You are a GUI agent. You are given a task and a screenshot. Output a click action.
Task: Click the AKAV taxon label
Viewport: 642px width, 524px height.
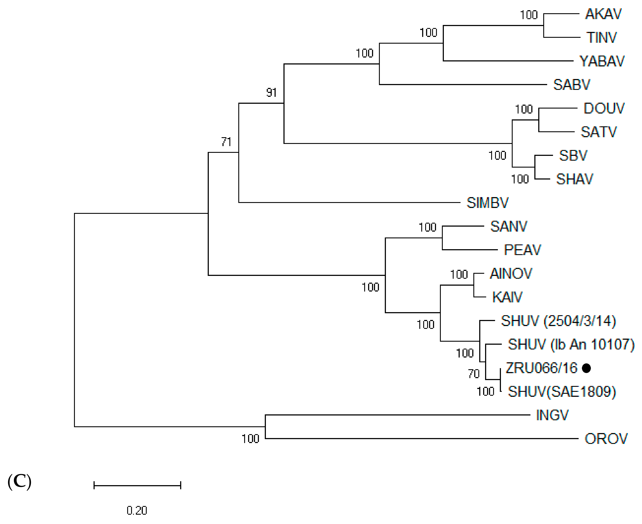tap(603, 14)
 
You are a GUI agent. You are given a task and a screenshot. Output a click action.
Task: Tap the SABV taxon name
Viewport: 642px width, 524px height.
tap(571, 85)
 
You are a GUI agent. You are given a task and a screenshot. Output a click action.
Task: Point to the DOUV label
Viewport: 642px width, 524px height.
tap(604, 108)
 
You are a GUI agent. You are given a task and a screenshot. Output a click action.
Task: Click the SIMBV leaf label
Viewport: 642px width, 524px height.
tap(487, 203)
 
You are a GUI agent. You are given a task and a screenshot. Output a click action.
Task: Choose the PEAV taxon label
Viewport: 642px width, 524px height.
tap(522, 250)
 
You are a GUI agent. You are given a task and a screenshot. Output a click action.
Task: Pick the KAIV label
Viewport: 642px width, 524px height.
tap(507, 297)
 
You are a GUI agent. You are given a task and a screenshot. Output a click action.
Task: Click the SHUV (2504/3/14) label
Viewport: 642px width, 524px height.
tap(558, 321)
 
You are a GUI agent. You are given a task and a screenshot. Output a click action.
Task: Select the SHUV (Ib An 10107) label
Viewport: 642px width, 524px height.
tap(571, 344)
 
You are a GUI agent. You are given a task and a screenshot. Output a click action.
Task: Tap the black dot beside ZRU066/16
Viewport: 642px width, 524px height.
tap(586, 368)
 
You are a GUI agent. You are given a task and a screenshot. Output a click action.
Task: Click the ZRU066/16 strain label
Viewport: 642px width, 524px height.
tap(541, 368)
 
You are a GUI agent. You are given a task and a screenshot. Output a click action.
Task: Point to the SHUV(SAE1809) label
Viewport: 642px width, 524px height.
tap(562, 392)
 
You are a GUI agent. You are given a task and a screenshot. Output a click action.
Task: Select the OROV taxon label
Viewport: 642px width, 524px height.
tap(606, 439)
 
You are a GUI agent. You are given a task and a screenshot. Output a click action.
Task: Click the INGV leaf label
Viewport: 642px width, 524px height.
tap(552, 415)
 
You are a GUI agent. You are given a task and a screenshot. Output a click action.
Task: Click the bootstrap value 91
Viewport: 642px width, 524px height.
tap(271, 92)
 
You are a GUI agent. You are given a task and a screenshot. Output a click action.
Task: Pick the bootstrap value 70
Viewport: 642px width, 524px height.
tap(474, 374)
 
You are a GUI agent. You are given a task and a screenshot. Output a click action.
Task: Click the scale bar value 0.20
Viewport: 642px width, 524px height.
tap(137, 510)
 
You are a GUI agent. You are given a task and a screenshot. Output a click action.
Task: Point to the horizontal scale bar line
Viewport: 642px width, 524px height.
tap(137, 486)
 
